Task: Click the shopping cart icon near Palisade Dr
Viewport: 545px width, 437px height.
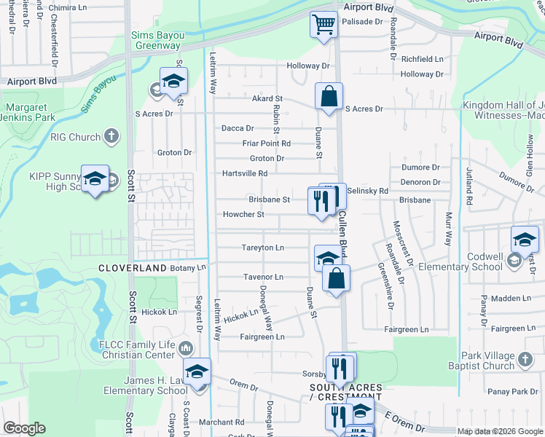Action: click(324, 24)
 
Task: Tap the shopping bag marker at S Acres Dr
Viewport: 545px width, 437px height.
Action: click(329, 95)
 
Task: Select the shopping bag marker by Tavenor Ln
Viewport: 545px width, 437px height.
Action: click(336, 277)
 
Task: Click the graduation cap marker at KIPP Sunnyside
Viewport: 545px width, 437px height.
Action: click(95, 178)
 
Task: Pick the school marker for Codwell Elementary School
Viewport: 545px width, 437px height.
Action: click(525, 239)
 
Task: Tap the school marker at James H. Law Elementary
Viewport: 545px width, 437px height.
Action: click(196, 371)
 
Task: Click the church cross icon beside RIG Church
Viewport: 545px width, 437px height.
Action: click(111, 136)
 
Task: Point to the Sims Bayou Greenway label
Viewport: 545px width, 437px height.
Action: click(156, 40)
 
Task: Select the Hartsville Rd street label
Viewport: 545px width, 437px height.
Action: click(245, 173)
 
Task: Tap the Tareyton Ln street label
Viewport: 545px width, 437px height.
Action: click(262, 248)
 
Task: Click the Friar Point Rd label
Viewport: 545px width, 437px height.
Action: click(267, 143)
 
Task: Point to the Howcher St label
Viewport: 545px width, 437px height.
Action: click(243, 215)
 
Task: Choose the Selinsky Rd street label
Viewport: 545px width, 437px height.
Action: click(368, 190)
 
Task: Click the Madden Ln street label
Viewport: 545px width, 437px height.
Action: click(511, 298)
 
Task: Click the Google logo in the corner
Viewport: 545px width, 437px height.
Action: click(24, 428)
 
